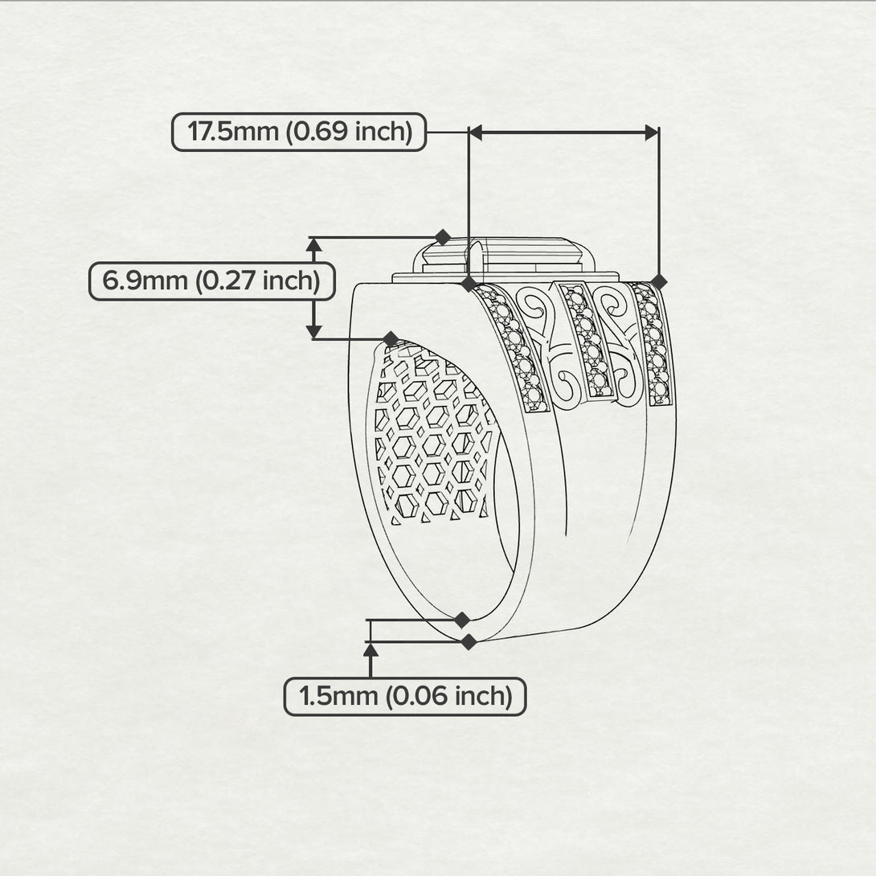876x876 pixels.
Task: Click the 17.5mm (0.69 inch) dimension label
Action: (x=300, y=132)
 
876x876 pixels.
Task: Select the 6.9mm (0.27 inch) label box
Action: (x=212, y=280)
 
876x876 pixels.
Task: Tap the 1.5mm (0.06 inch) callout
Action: (x=405, y=697)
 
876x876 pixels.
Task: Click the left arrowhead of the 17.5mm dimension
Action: (x=475, y=133)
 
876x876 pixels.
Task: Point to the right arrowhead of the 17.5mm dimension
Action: (x=652, y=133)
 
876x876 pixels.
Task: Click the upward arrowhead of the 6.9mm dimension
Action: (x=314, y=244)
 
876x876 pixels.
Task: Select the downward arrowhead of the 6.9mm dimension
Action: (x=314, y=331)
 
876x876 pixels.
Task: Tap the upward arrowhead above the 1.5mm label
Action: (x=370, y=649)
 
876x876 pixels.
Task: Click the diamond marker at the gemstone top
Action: (x=443, y=237)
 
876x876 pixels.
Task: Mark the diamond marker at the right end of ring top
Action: (x=659, y=282)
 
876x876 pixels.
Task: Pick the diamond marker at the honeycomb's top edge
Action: (x=391, y=338)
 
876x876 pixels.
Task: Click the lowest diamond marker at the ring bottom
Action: (x=469, y=642)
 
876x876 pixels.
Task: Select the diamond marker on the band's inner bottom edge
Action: (x=461, y=620)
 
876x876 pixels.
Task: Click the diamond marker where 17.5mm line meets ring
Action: (x=469, y=283)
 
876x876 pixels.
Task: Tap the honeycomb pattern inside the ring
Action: (x=430, y=436)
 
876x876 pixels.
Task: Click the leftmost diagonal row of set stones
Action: (x=511, y=347)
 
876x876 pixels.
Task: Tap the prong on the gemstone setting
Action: (x=474, y=260)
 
